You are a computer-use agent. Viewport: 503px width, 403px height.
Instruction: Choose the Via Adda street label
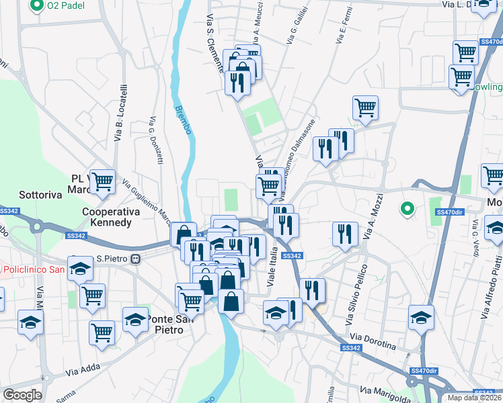(x=82, y=371)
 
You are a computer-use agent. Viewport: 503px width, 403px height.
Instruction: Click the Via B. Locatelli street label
(x=121, y=113)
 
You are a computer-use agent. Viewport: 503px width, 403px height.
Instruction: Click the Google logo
(x=22, y=395)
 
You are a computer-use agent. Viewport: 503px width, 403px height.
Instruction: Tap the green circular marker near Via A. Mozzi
(x=406, y=210)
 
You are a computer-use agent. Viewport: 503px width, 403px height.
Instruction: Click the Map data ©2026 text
(x=475, y=398)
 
